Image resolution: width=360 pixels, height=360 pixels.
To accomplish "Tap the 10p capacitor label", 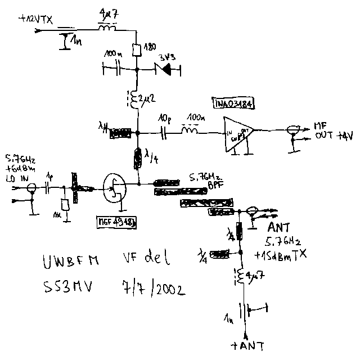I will (164, 119).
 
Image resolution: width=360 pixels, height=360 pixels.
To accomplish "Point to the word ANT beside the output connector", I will (279, 228).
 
